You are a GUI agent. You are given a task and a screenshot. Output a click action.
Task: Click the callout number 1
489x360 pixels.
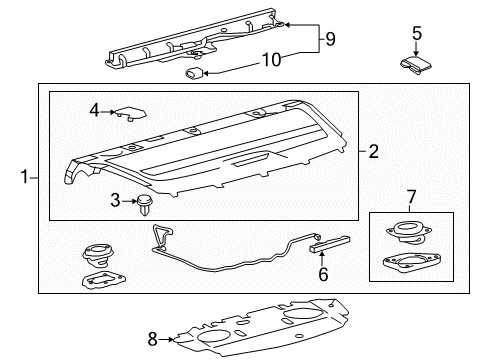pyautogui.click(x=24, y=177)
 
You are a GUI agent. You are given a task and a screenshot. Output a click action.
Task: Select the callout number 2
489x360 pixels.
pyautogui.click(x=374, y=151)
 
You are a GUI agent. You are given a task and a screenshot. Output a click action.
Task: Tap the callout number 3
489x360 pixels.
pyautogui.click(x=115, y=201)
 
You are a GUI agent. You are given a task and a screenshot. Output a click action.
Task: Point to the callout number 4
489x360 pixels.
pyautogui.click(x=94, y=110)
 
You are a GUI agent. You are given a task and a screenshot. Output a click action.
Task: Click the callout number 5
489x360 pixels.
pyautogui.click(x=417, y=33)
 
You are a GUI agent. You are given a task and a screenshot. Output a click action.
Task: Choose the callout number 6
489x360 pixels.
pyautogui.click(x=323, y=274)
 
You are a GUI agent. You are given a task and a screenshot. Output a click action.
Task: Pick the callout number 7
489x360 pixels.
pyautogui.click(x=412, y=197)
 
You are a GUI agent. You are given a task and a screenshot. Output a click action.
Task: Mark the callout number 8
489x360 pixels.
pyautogui.click(x=152, y=339)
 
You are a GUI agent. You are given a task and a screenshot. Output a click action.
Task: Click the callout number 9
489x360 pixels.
pyautogui.click(x=330, y=39)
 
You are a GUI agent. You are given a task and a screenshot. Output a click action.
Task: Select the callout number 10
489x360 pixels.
pyautogui.click(x=272, y=60)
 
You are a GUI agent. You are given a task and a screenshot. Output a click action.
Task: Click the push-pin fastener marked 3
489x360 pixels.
pyautogui.click(x=144, y=204)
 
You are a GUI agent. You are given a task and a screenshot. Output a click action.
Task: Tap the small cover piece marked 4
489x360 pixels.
pyautogui.click(x=130, y=113)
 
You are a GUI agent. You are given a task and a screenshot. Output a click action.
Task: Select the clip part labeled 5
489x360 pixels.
pyautogui.click(x=416, y=65)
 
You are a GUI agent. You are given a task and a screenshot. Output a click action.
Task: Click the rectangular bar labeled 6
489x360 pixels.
pyautogui.click(x=330, y=244)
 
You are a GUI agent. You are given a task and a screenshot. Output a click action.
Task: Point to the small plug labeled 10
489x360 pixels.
pyautogui.click(x=194, y=73)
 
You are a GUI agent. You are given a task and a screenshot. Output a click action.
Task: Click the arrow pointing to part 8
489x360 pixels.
pyautogui.click(x=166, y=340)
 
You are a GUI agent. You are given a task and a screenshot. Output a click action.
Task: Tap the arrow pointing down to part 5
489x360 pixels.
pyautogui.click(x=416, y=48)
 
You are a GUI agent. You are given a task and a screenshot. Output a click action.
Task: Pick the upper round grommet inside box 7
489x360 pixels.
pyautogui.click(x=409, y=232)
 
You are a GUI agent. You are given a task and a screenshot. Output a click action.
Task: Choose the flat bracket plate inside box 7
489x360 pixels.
pyautogui.click(x=412, y=261)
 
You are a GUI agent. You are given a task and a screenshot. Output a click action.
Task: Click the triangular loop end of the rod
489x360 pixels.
pyautogui.click(x=162, y=235)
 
